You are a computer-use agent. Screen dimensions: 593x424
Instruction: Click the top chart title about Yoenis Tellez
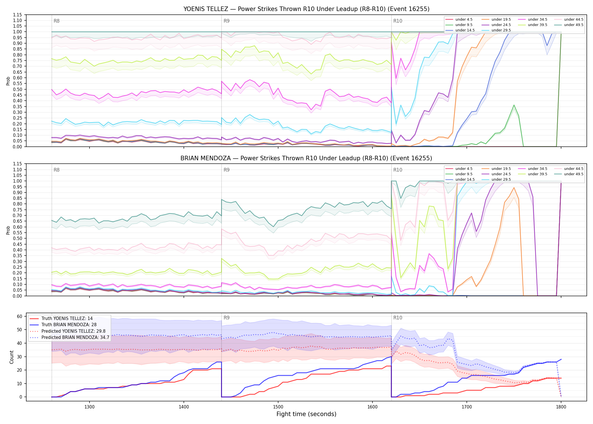point(306,9)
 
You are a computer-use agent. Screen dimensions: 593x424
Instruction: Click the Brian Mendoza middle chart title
point(306,158)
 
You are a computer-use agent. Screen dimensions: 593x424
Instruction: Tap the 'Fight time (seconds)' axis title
point(306,414)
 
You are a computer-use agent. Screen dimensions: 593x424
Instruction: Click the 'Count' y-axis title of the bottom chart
point(12,357)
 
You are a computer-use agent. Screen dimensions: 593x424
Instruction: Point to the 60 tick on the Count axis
point(19,316)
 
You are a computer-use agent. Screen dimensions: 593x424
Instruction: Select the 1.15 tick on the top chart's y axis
point(18,15)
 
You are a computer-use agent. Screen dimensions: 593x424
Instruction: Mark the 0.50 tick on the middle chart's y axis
point(18,239)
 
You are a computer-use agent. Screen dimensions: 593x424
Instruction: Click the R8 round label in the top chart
point(56,21)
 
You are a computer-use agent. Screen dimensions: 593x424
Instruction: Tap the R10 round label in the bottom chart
point(398,318)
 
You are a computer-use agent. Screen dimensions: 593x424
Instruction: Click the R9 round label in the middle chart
point(226,170)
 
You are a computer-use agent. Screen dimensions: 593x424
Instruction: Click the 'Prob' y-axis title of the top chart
point(8,81)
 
